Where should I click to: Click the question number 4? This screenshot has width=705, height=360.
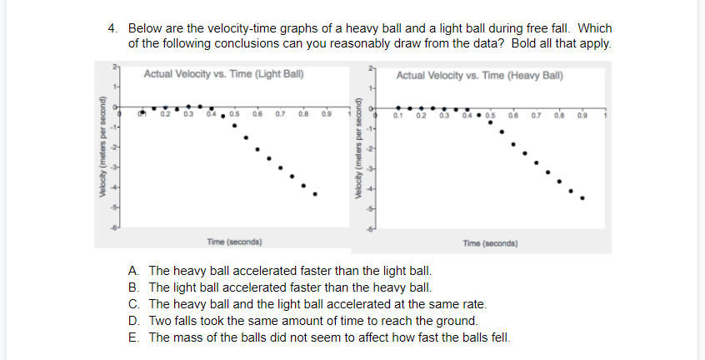click(x=112, y=27)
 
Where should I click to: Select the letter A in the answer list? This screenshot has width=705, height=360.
click(x=133, y=272)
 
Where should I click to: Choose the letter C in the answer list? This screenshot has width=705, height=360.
click(x=133, y=304)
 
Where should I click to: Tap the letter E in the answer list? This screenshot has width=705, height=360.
click(x=133, y=337)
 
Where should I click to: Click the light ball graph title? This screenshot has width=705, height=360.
click(x=222, y=74)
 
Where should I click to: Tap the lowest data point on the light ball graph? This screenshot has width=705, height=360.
click(x=315, y=194)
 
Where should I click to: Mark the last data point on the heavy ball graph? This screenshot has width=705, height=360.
click(x=582, y=198)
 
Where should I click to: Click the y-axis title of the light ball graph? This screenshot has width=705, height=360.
click(x=102, y=147)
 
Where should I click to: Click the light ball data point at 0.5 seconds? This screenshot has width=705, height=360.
click(x=234, y=127)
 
